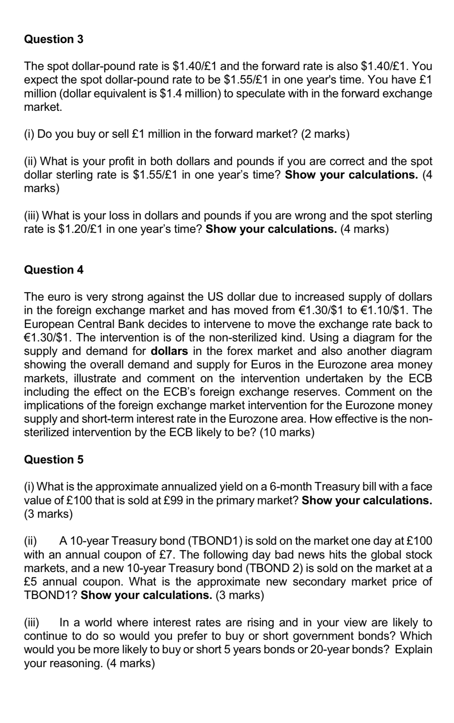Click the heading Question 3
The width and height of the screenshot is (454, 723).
tap(54, 39)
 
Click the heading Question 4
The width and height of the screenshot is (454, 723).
tap(54, 270)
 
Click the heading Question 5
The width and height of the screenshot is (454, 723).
tap(54, 460)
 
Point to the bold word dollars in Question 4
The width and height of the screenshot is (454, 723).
tap(169, 351)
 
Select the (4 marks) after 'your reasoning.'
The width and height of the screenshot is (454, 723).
tap(131, 663)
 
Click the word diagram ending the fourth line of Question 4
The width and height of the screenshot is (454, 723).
tap(412, 338)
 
